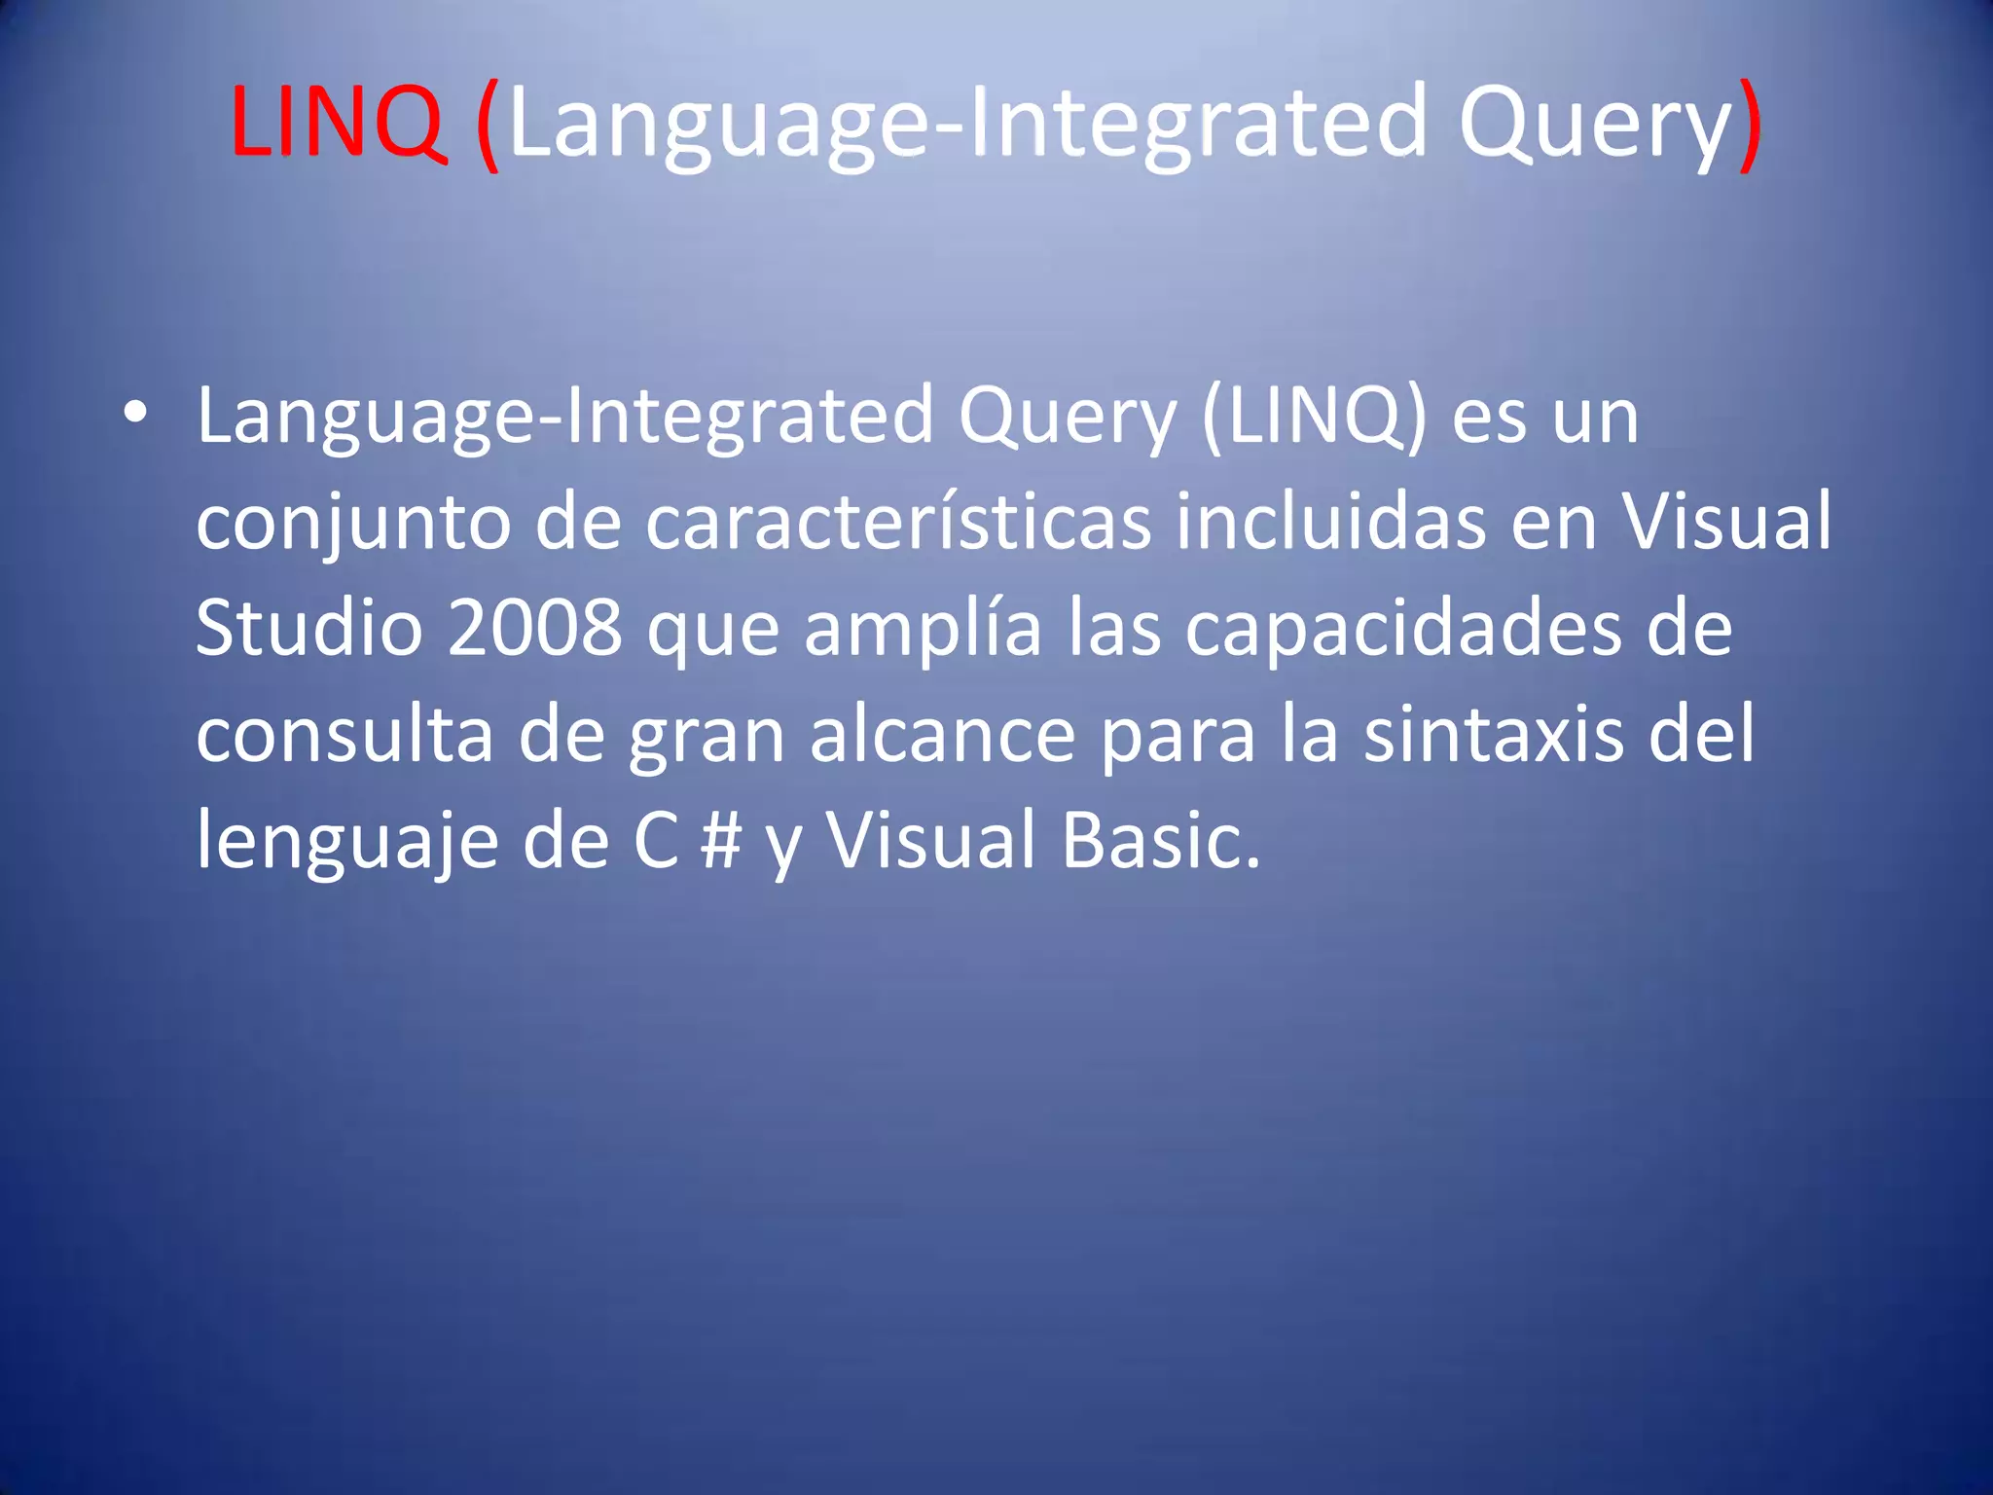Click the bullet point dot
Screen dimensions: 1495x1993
click(x=135, y=413)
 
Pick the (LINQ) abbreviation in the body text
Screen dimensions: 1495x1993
click(x=1314, y=417)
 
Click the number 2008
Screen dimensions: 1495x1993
click(x=534, y=628)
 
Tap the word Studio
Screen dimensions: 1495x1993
click(x=309, y=628)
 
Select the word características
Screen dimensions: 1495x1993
click(x=898, y=523)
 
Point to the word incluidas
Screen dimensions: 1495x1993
click(x=1330, y=523)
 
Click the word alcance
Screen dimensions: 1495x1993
click(x=942, y=735)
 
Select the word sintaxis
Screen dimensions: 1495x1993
click(x=1493, y=735)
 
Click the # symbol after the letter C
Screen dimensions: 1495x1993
click(x=720, y=841)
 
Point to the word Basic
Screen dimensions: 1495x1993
click(x=1160, y=841)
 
